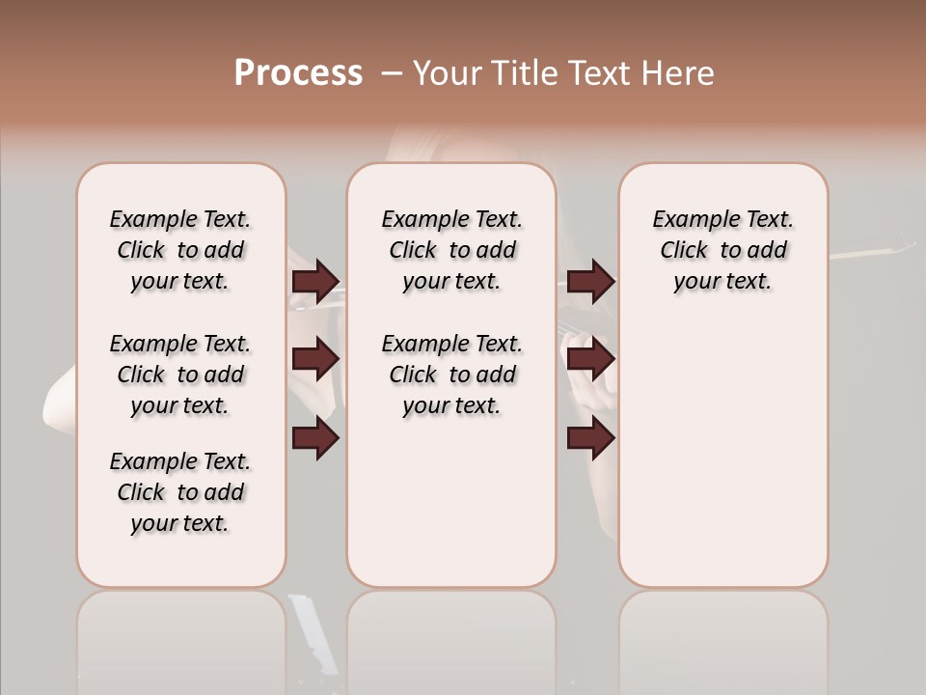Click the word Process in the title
(x=298, y=73)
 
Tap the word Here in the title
(x=679, y=73)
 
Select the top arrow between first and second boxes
(x=315, y=282)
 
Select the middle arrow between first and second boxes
(x=315, y=359)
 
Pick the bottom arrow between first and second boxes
(x=315, y=438)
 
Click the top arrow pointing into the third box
(x=590, y=282)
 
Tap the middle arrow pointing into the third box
(x=590, y=359)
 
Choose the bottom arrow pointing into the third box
(x=590, y=438)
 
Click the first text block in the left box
(x=180, y=250)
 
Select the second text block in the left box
(x=180, y=375)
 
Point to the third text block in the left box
(x=180, y=492)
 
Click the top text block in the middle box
(x=451, y=250)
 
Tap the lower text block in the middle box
(x=451, y=375)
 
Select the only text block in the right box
(x=722, y=250)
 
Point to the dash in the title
(x=391, y=73)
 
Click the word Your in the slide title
(x=447, y=73)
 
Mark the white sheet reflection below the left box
(x=314, y=632)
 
